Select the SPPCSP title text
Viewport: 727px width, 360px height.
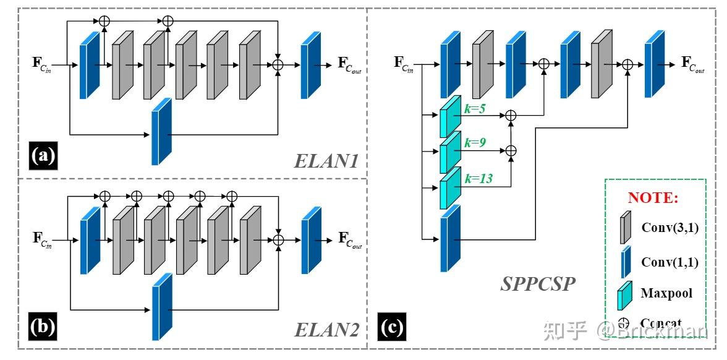pyautogui.click(x=538, y=285)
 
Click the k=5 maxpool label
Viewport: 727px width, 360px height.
pyautogui.click(x=476, y=108)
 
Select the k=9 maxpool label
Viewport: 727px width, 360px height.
pyautogui.click(x=476, y=144)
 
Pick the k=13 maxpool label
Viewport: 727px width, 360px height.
pyautogui.click(x=479, y=179)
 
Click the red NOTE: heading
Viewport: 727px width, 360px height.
pyautogui.click(x=653, y=198)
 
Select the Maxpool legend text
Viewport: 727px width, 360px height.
pyautogui.click(x=666, y=293)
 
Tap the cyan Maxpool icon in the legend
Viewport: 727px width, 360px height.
pyautogui.click(x=624, y=294)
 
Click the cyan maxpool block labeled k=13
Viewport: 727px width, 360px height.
pyautogui.click(x=450, y=187)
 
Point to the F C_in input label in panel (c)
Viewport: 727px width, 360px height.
pyautogui.click(x=404, y=63)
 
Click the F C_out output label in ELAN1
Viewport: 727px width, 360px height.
pyautogui.click(x=349, y=64)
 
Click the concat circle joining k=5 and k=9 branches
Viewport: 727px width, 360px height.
pyautogui.click(x=511, y=115)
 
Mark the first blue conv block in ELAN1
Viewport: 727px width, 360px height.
pyautogui.click(x=89, y=65)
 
